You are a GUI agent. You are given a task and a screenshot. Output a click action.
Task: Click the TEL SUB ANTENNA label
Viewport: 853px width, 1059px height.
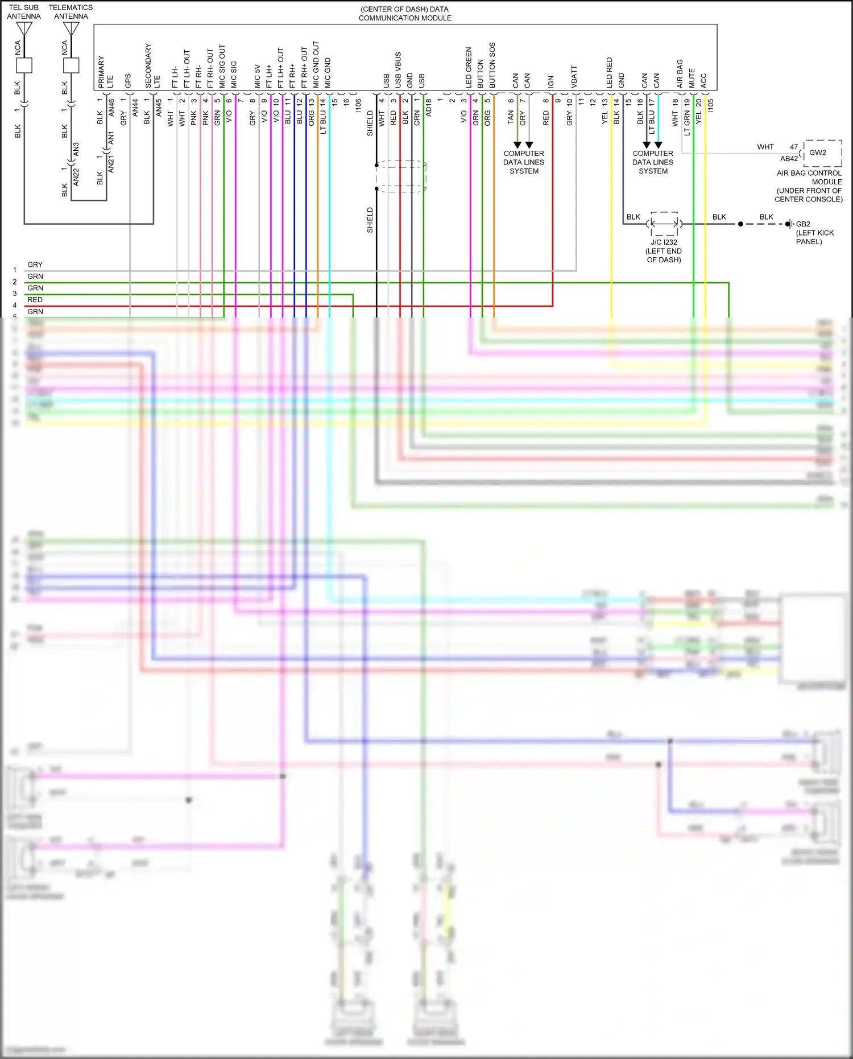pyautogui.click(x=24, y=12)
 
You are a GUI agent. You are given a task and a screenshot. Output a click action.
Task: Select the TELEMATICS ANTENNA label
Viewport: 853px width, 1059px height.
pyautogui.click(x=71, y=12)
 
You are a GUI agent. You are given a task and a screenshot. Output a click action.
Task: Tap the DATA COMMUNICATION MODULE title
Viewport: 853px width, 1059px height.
pyautogui.click(x=405, y=14)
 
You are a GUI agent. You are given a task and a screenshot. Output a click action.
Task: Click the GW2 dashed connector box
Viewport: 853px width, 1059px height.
pyautogui.click(x=822, y=153)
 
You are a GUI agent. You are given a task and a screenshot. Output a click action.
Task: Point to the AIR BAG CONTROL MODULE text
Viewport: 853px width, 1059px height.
pyautogui.click(x=809, y=178)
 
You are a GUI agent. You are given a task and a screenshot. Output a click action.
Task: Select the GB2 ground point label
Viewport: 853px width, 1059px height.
pyautogui.click(x=803, y=224)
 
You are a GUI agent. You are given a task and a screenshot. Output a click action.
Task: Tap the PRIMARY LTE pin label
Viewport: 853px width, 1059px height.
pyautogui.click(x=105, y=72)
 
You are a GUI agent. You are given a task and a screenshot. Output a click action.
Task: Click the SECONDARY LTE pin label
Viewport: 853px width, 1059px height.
pyautogui.click(x=152, y=66)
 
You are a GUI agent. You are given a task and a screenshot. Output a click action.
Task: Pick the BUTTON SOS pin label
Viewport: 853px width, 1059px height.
pyautogui.click(x=492, y=65)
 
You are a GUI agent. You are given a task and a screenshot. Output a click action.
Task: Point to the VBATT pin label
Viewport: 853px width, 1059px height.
pyautogui.click(x=574, y=77)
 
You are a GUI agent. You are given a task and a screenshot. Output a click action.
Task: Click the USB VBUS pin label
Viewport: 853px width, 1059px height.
pyautogui.click(x=398, y=70)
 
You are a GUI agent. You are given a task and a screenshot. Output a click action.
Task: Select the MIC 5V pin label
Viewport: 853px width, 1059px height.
pyautogui.click(x=258, y=76)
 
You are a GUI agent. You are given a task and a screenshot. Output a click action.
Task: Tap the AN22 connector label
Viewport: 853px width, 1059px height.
pyautogui.click(x=76, y=176)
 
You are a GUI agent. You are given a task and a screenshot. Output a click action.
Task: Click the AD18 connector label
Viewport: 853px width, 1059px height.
pyautogui.click(x=429, y=108)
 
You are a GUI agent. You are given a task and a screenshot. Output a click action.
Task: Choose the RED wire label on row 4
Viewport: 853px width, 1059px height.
pyautogui.click(x=35, y=300)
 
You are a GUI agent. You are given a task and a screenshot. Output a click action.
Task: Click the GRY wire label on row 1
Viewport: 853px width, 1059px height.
pyautogui.click(x=35, y=265)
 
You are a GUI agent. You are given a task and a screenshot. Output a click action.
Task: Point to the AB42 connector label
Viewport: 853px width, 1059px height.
pyautogui.click(x=789, y=159)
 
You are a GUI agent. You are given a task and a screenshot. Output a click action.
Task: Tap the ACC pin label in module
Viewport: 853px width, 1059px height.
pyautogui.click(x=703, y=80)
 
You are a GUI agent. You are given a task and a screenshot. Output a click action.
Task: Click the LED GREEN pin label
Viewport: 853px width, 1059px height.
pyautogui.click(x=469, y=67)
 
